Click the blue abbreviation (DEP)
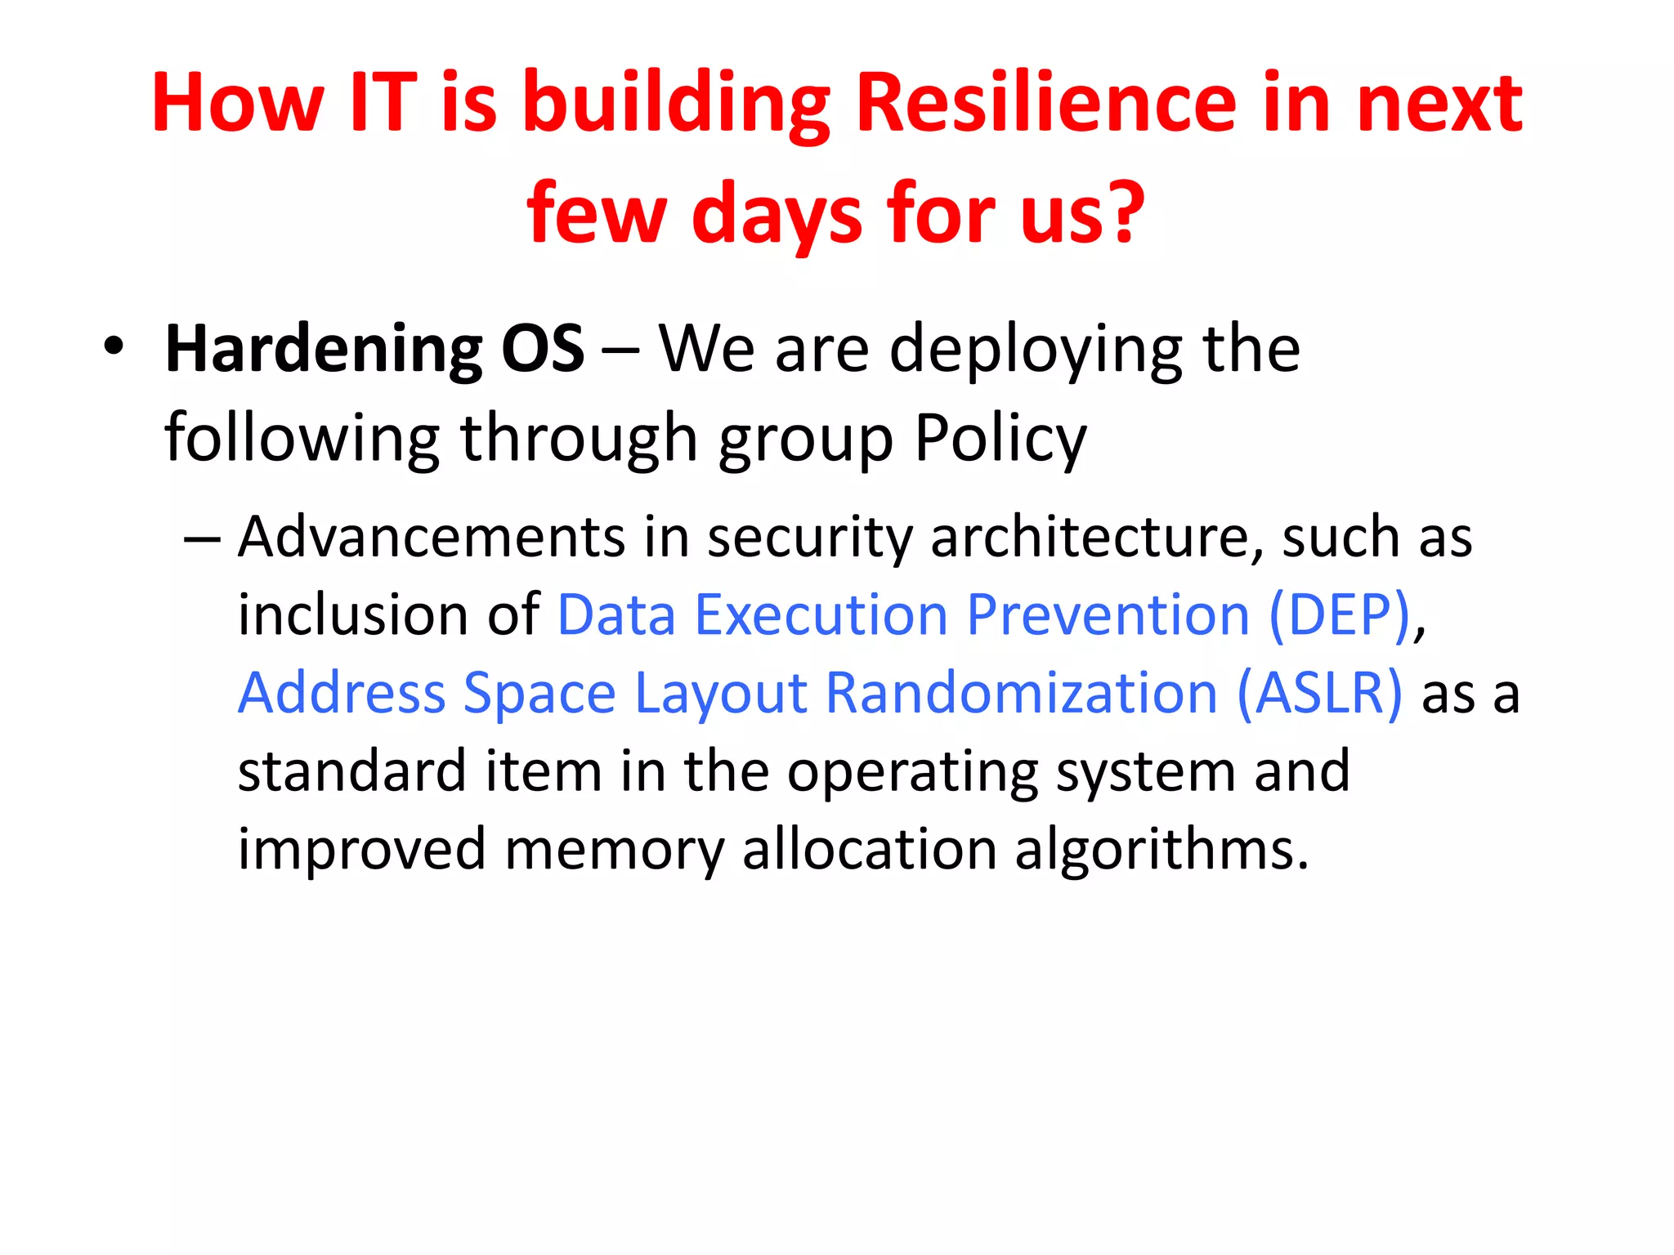point(1340,614)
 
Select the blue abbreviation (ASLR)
point(1319,693)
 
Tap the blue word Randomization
point(1022,693)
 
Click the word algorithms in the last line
point(1162,850)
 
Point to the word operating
point(911,772)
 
